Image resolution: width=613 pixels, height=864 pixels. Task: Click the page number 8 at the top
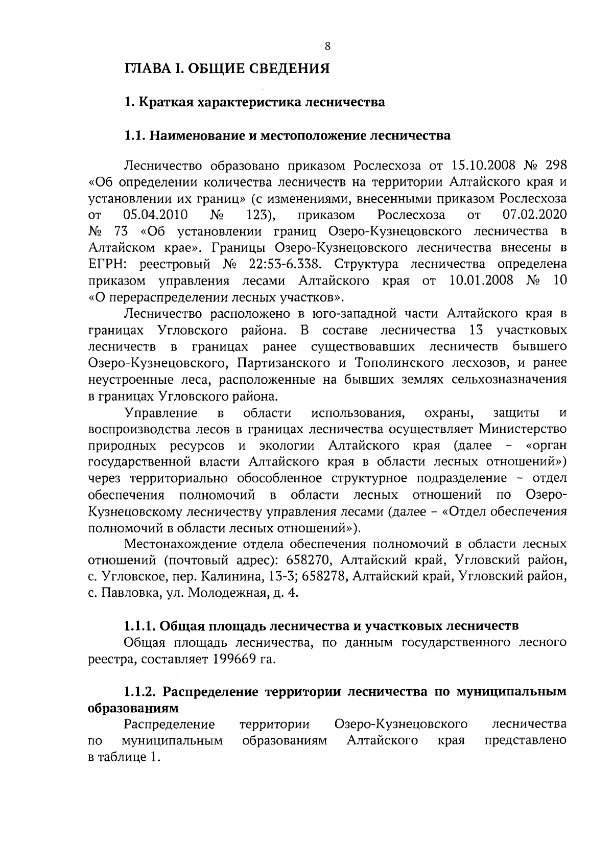click(x=327, y=46)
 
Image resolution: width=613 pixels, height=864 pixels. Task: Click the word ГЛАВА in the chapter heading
click(x=148, y=68)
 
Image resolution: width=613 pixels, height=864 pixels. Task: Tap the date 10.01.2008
click(x=482, y=281)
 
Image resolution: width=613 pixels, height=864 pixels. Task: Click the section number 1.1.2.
click(x=142, y=692)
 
